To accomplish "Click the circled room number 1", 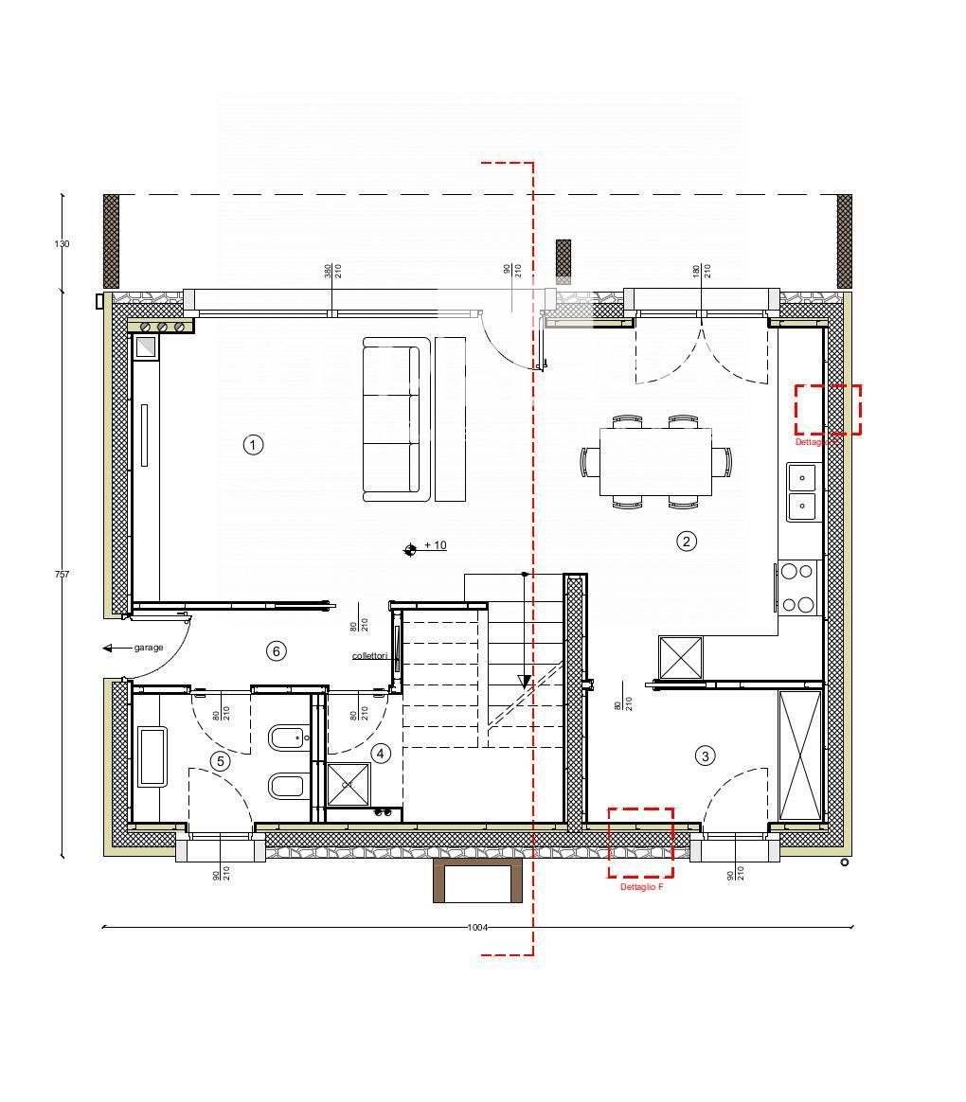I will (253, 444).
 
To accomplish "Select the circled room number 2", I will (687, 541).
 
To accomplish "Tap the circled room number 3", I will (705, 755).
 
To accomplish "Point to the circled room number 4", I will (381, 753).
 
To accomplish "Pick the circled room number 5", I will (221, 760).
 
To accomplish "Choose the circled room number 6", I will (276, 650).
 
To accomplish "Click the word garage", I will (149, 648).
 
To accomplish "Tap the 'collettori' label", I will (370, 655).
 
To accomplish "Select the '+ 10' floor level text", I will (435, 545).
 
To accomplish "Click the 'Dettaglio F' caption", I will (641, 887).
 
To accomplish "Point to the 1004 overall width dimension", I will (477, 928).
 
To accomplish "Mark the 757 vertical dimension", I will (63, 575).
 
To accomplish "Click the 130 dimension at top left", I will (62, 244).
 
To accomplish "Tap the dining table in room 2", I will (655, 461).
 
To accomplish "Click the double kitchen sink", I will (801, 492).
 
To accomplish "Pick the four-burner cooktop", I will (797, 587).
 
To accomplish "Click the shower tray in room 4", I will (348, 784).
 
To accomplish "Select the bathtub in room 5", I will (152, 756).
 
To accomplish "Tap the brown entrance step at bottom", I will (477, 881).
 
